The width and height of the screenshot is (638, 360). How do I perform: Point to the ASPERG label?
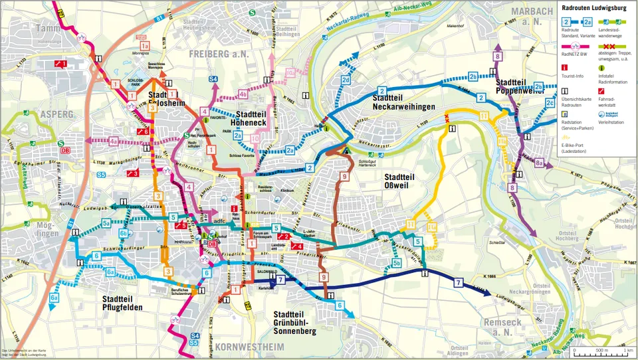coord(56,114)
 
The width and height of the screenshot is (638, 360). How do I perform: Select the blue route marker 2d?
coord(346,81)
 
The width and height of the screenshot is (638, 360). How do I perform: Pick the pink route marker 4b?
coord(242,94)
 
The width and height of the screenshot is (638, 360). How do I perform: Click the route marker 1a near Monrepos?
coord(144,46)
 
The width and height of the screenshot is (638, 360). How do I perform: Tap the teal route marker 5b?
coord(396,264)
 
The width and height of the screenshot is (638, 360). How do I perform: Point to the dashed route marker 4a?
coord(114,141)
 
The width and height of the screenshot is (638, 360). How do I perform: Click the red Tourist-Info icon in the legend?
coord(565,67)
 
